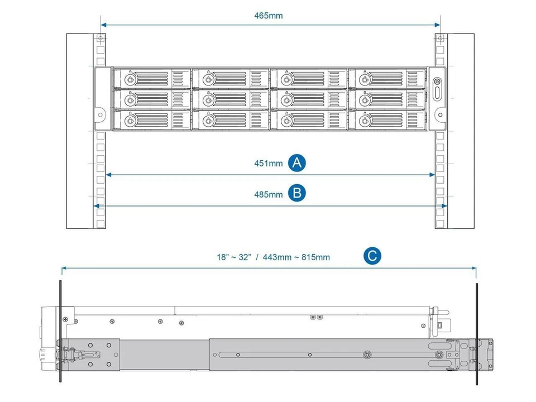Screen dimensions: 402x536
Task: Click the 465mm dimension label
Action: (269, 16)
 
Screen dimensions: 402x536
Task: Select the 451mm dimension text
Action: (269, 163)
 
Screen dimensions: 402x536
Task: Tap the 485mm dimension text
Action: (269, 194)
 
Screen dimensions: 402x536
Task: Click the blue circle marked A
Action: (297, 162)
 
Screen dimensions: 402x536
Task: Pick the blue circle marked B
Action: (297, 193)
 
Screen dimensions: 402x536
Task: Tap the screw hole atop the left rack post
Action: (100, 39)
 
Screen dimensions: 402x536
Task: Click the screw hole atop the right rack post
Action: (440, 39)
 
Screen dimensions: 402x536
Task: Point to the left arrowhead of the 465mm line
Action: (103, 25)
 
